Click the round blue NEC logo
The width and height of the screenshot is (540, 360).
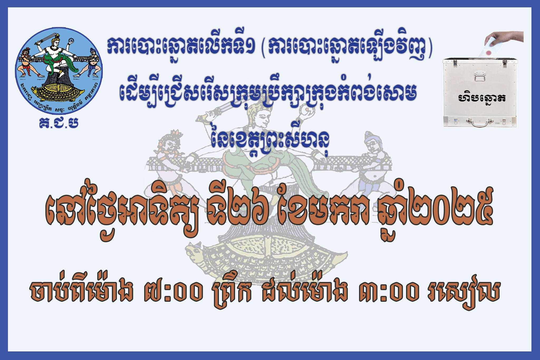[x=59, y=71]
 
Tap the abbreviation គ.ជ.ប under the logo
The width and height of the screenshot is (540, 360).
[x=59, y=123]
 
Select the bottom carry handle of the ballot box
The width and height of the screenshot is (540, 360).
[x=480, y=122]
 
